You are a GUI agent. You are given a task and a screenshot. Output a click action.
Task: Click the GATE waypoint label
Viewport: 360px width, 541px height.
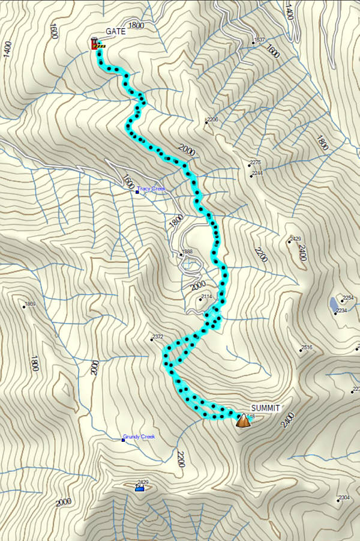(x=116, y=31)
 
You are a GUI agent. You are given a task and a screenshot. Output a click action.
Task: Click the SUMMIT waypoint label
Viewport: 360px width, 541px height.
(x=265, y=408)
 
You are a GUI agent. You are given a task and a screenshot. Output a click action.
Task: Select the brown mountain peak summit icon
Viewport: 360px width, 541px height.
(x=243, y=421)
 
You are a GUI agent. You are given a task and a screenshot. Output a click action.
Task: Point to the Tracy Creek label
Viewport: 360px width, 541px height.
(x=151, y=189)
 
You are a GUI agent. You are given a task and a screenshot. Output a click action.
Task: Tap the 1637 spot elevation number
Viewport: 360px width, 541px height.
(x=259, y=40)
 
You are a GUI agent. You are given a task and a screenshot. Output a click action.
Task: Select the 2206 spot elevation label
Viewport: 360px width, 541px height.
(x=212, y=120)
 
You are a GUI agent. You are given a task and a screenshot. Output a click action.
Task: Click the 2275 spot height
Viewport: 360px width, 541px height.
(x=256, y=163)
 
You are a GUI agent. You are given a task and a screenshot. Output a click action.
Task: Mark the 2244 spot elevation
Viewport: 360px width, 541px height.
(x=257, y=174)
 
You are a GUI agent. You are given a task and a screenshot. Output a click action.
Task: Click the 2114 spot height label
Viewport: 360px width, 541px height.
(x=206, y=297)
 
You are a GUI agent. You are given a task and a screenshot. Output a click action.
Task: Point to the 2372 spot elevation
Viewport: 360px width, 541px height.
(x=158, y=337)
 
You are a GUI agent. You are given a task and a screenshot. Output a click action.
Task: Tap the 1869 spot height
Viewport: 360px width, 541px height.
(x=30, y=304)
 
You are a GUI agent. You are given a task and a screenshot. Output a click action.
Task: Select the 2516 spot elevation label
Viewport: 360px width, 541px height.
(x=307, y=347)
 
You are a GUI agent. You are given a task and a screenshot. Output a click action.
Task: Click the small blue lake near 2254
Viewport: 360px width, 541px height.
(x=332, y=304)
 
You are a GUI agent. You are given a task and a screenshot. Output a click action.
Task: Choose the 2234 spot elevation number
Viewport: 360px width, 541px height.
(x=341, y=310)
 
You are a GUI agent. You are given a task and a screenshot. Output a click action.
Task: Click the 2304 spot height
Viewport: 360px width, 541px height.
(x=344, y=498)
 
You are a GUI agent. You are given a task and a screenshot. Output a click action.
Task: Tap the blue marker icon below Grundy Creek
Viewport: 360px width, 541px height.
(x=139, y=488)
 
